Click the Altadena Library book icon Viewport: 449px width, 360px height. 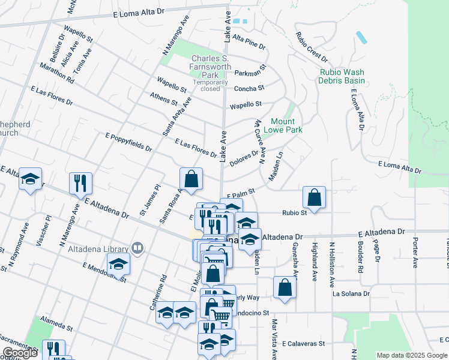[137, 248]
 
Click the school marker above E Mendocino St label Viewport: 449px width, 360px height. [118, 263]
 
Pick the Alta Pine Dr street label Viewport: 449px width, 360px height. [249, 42]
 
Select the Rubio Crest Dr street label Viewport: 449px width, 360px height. [311, 47]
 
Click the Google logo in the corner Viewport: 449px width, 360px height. [20, 353]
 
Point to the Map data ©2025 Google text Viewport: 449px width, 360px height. [411, 355]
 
